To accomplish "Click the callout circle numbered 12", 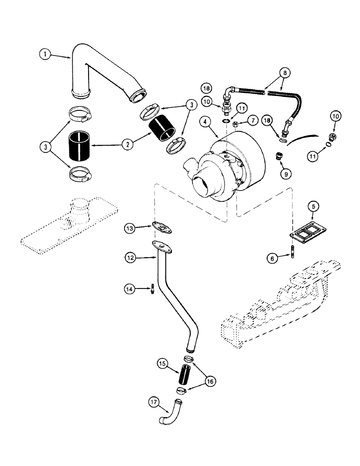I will click(x=131, y=256).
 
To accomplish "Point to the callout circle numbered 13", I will click(x=131, y=228).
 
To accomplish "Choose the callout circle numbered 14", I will click(x=131, y=289).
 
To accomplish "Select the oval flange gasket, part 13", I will click(x=159, y=228).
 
